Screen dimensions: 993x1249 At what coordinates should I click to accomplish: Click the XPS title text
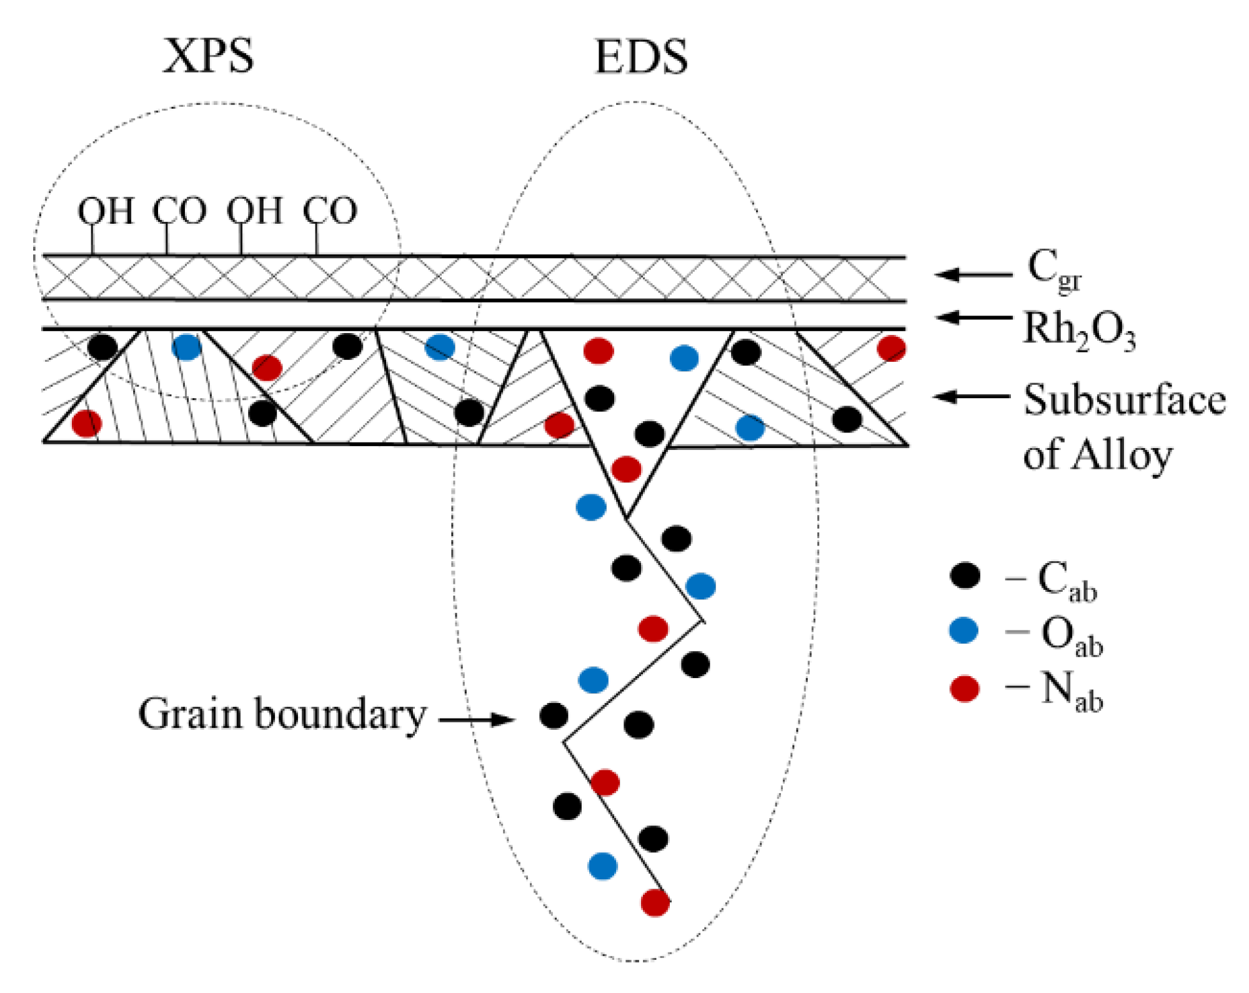[209, 56]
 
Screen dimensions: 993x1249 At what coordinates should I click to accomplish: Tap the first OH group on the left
[105, 211]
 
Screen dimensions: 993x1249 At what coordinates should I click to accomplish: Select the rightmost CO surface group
[330, 211]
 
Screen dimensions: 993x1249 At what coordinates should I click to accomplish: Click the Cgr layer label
[1053, 270]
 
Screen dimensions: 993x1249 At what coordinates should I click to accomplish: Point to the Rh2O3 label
[1078, 329]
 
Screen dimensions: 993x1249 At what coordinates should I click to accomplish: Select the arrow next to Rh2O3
[974, 317]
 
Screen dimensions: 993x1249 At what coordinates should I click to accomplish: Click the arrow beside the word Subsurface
[972, 396]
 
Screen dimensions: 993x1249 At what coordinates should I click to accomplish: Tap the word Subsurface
[1124, 400]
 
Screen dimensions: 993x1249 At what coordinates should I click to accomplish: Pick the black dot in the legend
[965, 576]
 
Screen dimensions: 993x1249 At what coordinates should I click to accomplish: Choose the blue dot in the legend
[963, 631]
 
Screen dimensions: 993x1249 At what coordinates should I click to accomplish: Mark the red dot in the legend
[964, 689]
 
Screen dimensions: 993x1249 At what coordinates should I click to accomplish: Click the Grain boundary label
[282, 715]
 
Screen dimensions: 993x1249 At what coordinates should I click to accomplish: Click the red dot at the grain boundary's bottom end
[655, 902]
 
